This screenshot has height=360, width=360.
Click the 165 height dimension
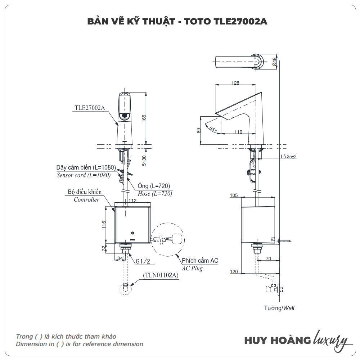pyautogui.click(x=144, y=118)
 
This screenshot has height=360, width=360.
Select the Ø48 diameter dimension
pyautogui.click(x=274, y=62)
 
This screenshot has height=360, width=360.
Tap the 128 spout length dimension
pyautogui.click(x=235, y=83)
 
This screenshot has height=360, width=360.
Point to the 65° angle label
pyautogui.click(x=213, y=129)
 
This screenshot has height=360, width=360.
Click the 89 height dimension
pyautogui.click(x=199, y=130)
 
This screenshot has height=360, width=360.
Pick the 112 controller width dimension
pyautogui.click(x=132, y=201)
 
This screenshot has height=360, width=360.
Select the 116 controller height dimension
pyautogui.click(x=104, y=225)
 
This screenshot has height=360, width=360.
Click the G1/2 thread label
pyautogui.click(x=143, y=261)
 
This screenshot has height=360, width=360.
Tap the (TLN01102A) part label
pyautogui.click(x=161, y=275)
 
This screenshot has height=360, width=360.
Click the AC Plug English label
pyautogui.click(x=192, y=269)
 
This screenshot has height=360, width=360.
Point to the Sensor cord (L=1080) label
pyautogui.click(x=84, y=175)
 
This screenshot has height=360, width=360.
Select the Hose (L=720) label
pyautogui.click(x=155, y=194)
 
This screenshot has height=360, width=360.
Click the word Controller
pyautogui.click(x=86, y=199)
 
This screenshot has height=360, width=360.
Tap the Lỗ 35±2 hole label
pyautogui.click(x=289, y=157)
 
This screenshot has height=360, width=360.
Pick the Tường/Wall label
pyautogui.click(x=279, y=308)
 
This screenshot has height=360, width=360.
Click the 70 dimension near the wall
pyautogui.click(x=269, y=259)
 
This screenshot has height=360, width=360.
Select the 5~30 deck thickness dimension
pyautogui.click(x=144, y=161)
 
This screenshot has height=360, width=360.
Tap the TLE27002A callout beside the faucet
pyautogui.click(x=90, y=108)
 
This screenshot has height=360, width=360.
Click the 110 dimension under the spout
pyautogui.click(x=238, y=132)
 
